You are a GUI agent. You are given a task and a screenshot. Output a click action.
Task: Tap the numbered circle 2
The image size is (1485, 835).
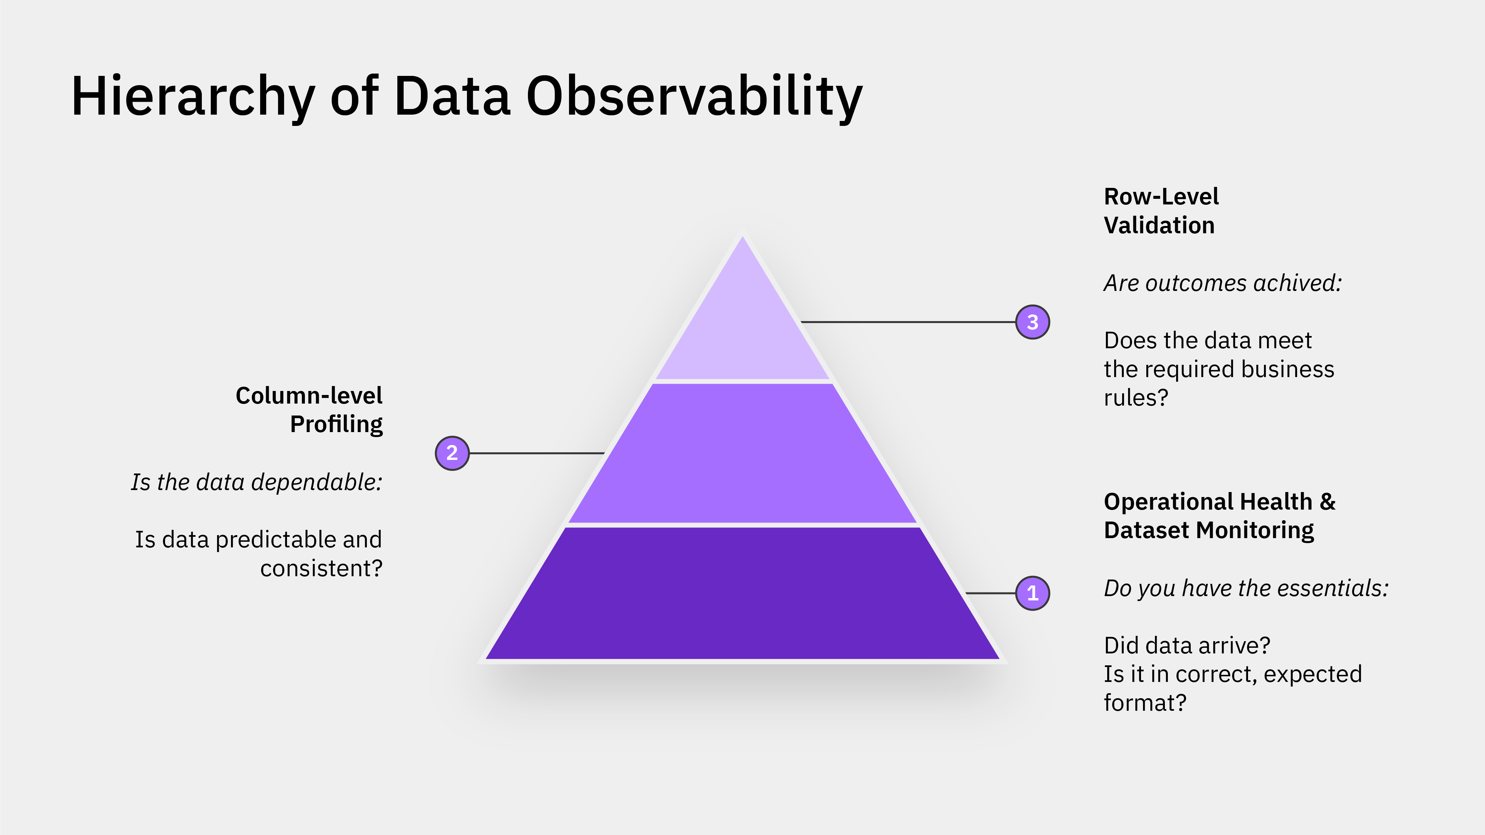[x=452, y=453]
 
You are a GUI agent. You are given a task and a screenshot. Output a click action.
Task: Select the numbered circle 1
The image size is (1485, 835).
[x=1032, y=593]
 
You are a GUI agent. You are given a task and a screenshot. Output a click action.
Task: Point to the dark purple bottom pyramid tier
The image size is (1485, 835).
[x=742, y=593]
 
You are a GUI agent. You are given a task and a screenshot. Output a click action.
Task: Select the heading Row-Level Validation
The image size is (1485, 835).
[x=1161, y=211]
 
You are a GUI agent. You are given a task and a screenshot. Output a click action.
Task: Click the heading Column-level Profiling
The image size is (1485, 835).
[x=310, y=410]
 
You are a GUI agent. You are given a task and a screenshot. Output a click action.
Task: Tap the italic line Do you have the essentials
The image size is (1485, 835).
[x=1246, y=588]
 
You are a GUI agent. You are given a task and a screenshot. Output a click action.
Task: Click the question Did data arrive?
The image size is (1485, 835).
[x=1186, y=645]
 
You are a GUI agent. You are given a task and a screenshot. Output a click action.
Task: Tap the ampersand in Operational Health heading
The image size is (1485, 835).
[x=1327, y=501]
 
